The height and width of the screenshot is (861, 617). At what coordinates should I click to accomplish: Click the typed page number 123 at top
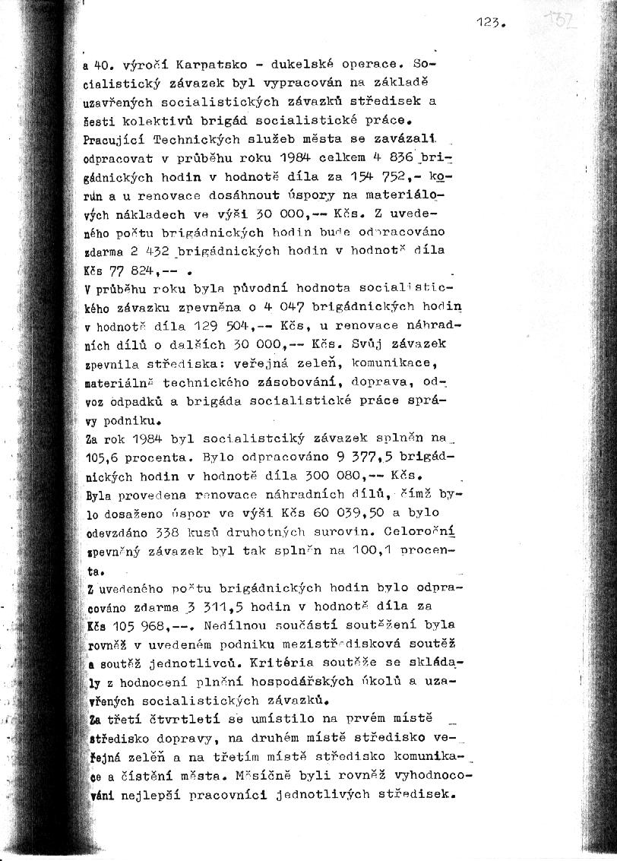coord(483,24)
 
